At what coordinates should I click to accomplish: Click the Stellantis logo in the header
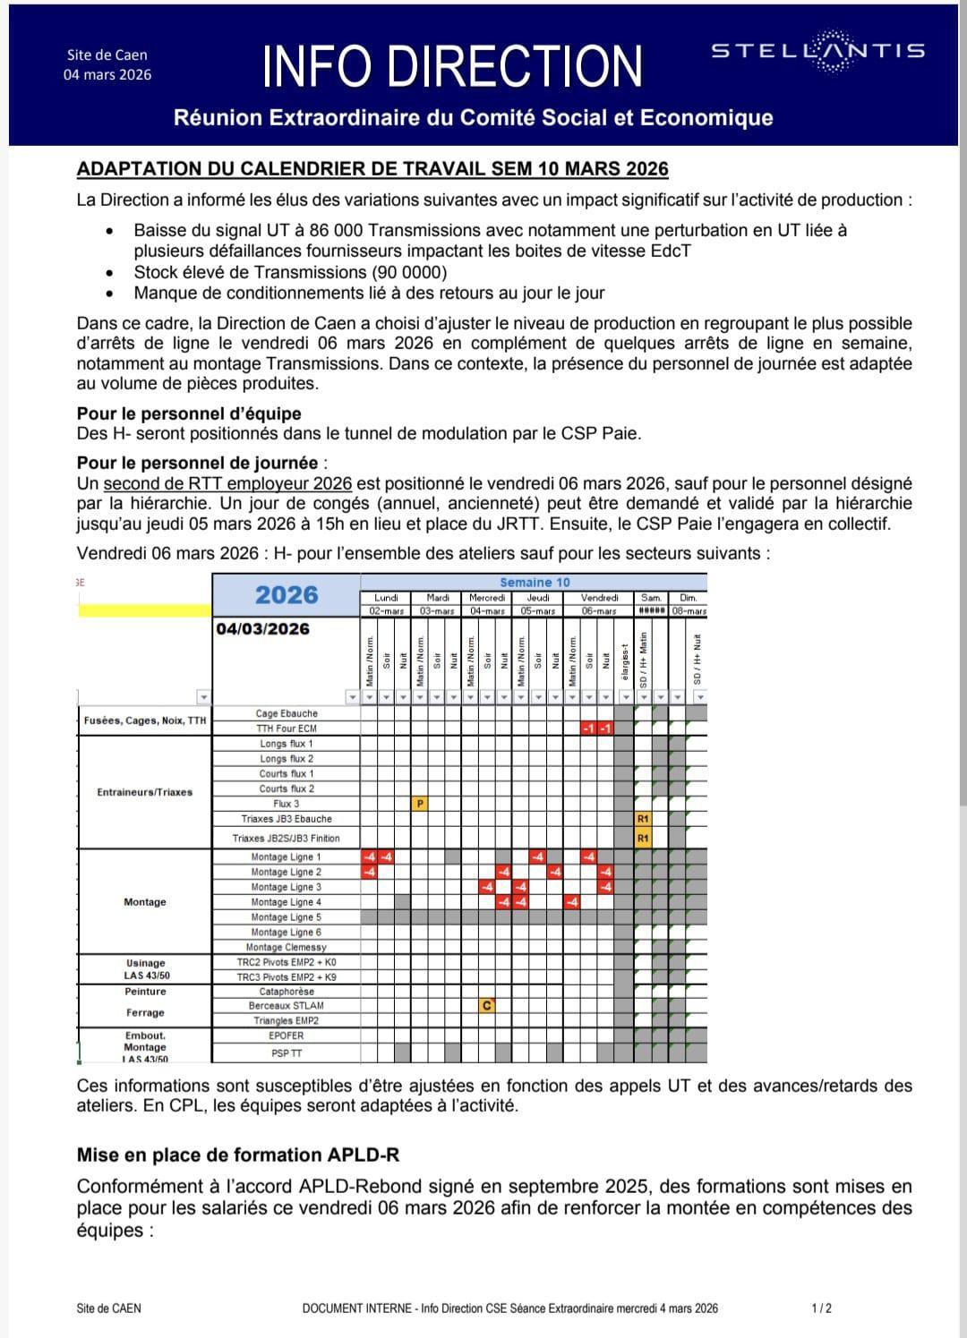click(817, 52)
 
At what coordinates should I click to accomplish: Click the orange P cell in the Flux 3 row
click(420, 804)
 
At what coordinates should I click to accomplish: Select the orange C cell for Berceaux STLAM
click(486, 1006)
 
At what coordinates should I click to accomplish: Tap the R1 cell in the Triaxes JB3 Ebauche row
click(642, 819)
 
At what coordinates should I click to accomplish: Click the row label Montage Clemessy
click(286, 947)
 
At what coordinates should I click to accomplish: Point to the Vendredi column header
click(599, 597)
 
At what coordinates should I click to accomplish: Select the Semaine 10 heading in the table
click(535, 582)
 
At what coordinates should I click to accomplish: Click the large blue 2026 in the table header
click(287, 595)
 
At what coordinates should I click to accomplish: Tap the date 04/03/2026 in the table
click(262, 628)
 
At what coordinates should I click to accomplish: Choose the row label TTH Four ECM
click(287, 729)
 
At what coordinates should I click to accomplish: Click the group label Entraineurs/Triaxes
click(144, 792)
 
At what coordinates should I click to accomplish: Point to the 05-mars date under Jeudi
click(538, 610)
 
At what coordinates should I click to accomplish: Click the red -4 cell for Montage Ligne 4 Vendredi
click(572, 902)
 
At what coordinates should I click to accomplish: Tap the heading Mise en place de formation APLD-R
click(238, 1155)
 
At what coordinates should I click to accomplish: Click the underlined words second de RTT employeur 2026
click(227, 483)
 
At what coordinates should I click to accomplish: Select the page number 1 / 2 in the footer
click(821, 1308)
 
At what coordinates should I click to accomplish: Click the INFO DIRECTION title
click(453, 65)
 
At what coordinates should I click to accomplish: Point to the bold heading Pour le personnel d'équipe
click(189, 413)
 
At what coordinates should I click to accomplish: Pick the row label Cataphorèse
click(287, 992)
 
